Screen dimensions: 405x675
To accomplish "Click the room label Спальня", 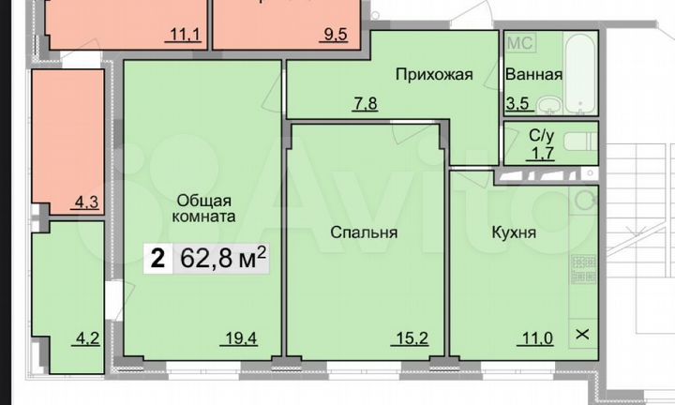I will [365, 232].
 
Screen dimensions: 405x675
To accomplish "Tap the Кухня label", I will [513, 232].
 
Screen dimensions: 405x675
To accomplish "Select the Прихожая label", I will [432, 75].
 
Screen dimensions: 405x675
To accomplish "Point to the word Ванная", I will [532, 75].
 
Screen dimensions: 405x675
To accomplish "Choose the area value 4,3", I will [85, 199].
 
